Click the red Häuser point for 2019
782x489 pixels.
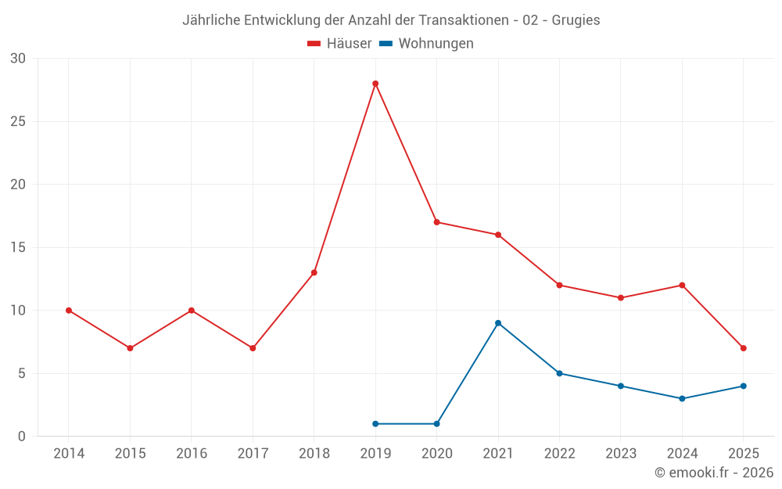point(375,84)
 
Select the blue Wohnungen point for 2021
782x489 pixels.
point(498,323)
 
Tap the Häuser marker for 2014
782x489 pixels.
point(69,311)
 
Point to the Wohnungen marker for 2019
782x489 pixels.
point(375,424)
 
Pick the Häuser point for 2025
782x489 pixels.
point(744,348)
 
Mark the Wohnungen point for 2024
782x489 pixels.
point(682,398)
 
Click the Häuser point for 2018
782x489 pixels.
point(314,272)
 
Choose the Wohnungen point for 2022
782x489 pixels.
point(559,373)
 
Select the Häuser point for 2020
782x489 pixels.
point(436,222)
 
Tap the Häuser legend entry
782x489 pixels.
point(340,44)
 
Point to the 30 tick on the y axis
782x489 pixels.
point(18,59)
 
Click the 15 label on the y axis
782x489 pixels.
point(18,247)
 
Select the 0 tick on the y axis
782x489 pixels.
point(22,437)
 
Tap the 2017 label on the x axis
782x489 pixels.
point(253,454)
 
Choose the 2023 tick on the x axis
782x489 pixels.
point(621,454)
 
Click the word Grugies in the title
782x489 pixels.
point(576,20)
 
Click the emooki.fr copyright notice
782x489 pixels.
point(714,473)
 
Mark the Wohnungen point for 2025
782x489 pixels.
point(744,386)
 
